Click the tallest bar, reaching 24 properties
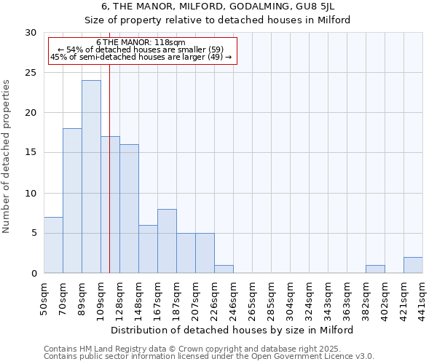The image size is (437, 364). coord(91,177)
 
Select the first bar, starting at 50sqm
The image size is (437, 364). coord(53,245)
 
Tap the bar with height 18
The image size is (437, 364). coord(72,201)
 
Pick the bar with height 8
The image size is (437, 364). coord(167,241)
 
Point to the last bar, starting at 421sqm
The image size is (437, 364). coord(413,265)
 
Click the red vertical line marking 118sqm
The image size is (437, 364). coord(109,182)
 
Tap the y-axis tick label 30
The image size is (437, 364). coord(30,33)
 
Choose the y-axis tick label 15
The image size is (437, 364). coord(30,153)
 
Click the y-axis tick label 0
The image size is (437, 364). coord(33,274)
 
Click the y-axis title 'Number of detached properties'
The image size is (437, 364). coord(7,157)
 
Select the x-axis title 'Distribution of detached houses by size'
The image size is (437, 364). coord(232,330)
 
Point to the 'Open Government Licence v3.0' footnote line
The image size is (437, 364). coord(209,357)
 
